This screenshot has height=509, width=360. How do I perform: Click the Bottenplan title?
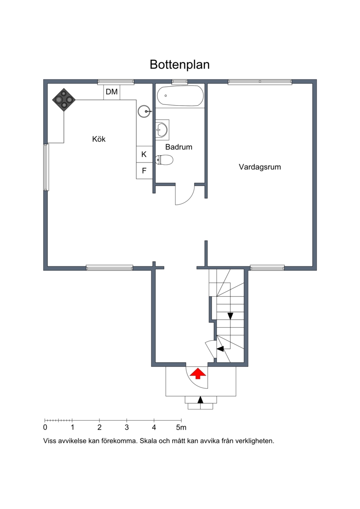pos(180,65)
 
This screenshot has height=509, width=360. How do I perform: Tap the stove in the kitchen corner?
pos(64,99)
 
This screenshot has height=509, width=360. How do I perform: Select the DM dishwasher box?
pos(112,92)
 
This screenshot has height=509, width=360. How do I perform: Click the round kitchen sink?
pos(144,111)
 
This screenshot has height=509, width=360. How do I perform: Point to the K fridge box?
pos(144,154)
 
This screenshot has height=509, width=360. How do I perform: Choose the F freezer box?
pos(144,171)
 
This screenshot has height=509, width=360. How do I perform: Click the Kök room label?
pos(99,139)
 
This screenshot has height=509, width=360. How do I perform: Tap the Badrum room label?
pos(179,147)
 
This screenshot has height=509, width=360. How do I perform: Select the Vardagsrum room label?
pos(260,167)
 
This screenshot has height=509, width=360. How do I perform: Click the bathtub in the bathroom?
pos(180,96)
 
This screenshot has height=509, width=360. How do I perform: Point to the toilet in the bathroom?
pos(164,160)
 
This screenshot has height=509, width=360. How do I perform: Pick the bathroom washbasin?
pos(162,130)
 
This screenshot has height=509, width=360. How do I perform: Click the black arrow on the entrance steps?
pos(200,400)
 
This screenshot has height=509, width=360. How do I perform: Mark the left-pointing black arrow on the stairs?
pos(220,349)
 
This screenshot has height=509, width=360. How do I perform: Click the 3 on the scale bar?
pos(126,427)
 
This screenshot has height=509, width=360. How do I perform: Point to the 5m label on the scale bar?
pos(181,427)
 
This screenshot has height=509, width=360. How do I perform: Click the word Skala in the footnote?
pos(148,441)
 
